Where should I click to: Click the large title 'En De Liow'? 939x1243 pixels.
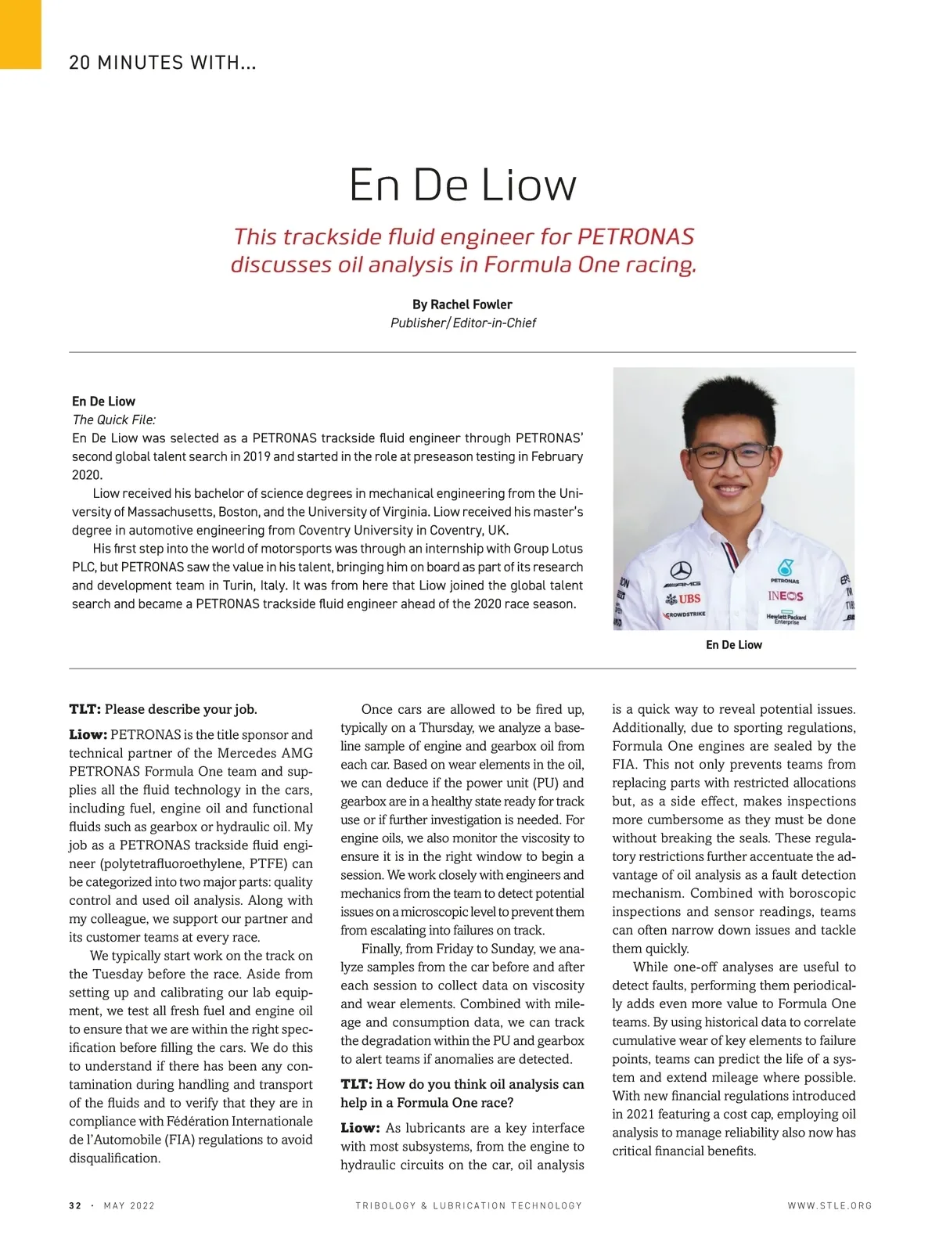(x=462, y=186)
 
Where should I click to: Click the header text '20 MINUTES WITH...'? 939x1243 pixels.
(x=163, y=63)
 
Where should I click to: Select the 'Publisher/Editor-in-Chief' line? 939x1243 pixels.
(x=462, y=323)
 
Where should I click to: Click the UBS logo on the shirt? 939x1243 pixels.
(x=683, y=599)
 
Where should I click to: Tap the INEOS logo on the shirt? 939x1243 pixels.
(x=785, y=596)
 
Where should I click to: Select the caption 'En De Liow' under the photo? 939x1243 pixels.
(x=733, y=645)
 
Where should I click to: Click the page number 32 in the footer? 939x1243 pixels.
(x=75, y=1205)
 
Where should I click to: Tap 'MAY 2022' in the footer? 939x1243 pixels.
(x=129, y=1205)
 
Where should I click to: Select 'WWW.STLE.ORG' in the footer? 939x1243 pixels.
(x=829, y=1205)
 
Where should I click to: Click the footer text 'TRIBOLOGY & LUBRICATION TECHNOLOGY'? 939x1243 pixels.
(x=469, y=1205)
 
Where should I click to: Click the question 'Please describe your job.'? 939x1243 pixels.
(x=181, y=709)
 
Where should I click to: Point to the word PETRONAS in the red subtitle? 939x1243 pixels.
(x=635, y=236)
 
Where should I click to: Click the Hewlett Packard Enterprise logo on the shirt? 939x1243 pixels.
(x=786, y=618)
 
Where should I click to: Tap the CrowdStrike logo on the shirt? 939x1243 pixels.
(x=685, y=614)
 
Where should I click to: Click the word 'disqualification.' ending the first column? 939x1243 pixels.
(x=114, y=1158)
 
